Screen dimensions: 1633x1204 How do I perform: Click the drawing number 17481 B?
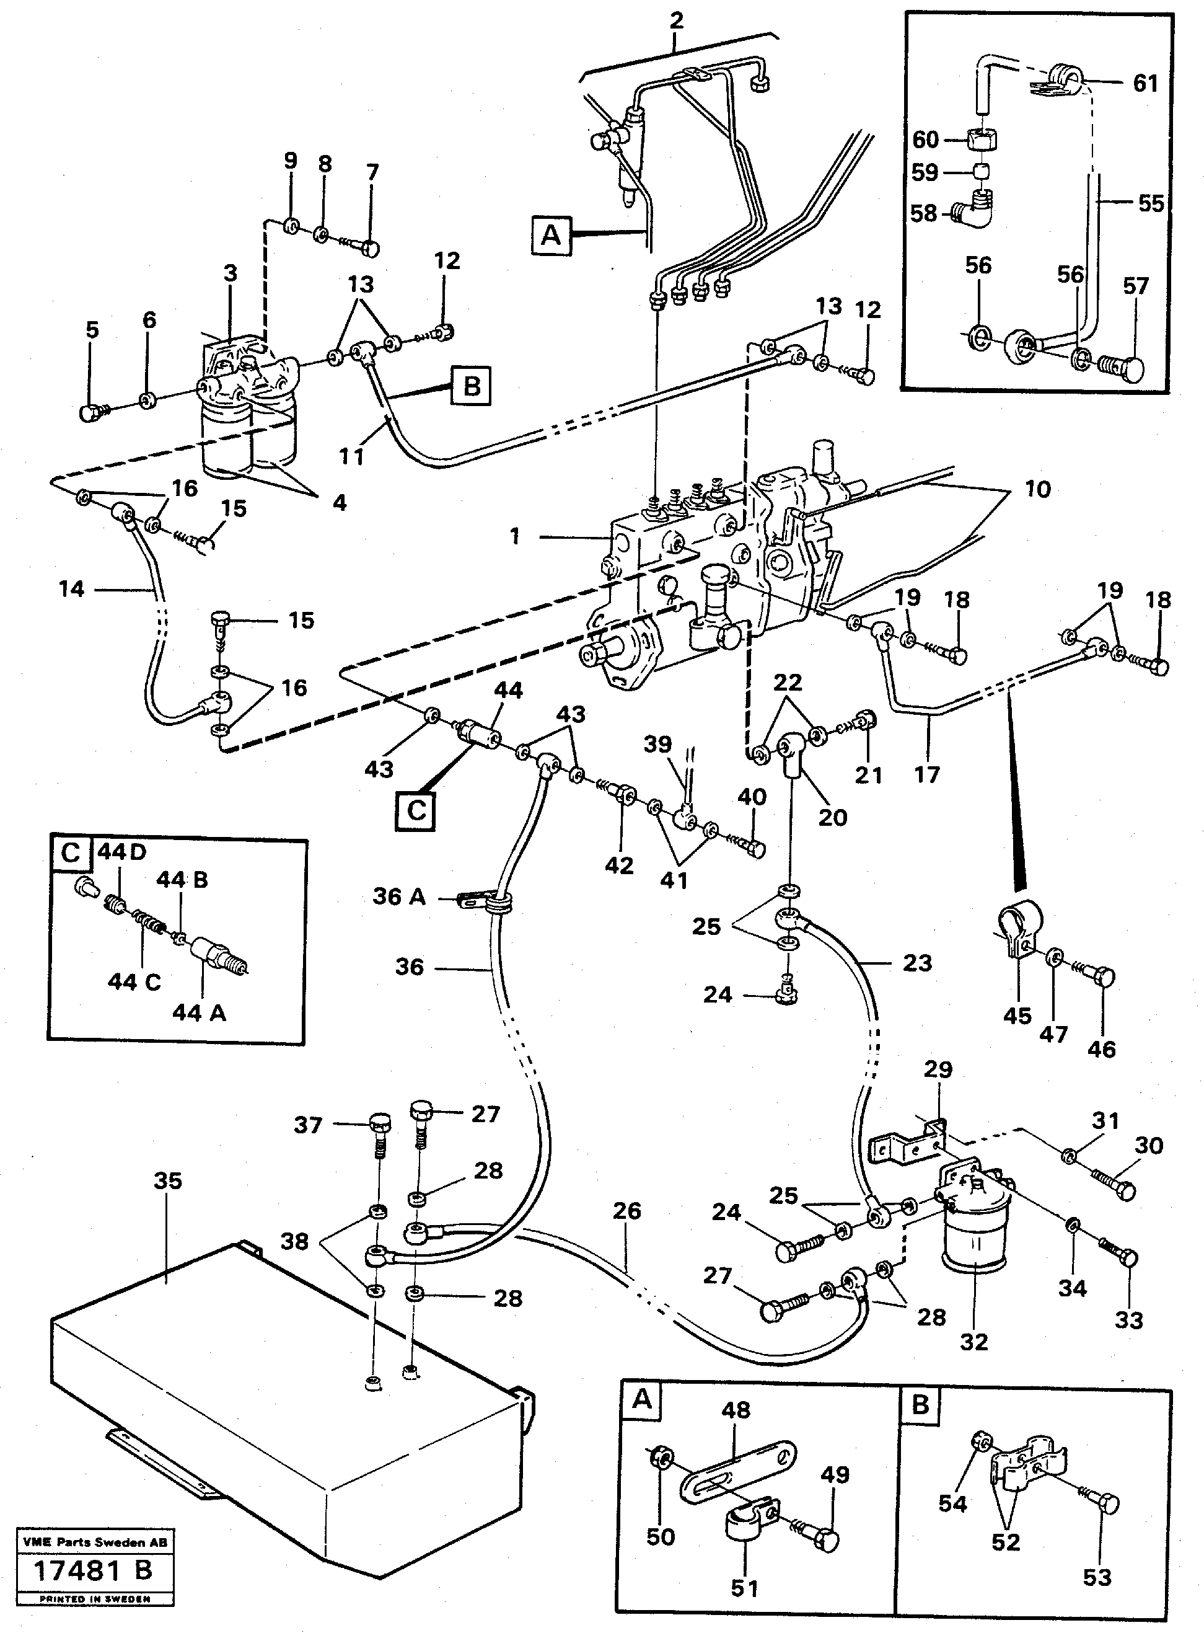coord(94,1570)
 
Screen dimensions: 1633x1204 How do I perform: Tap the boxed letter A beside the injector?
coord(551,236)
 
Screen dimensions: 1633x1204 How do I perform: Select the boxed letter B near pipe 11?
coord(471,385)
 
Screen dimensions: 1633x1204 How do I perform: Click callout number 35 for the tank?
coord(168,1181)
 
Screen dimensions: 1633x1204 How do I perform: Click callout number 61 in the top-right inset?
coord(1145,84)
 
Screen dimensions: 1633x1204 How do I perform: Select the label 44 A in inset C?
coord(199,1012)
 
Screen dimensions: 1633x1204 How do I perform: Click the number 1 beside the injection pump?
coord(516,536)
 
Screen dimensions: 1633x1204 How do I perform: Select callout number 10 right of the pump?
coord(1037,489)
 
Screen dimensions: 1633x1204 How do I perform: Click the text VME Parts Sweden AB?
coord(95,1542)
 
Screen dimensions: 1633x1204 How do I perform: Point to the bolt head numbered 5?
coord(90,413)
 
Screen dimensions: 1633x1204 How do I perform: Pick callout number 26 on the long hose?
coord(626,1211)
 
